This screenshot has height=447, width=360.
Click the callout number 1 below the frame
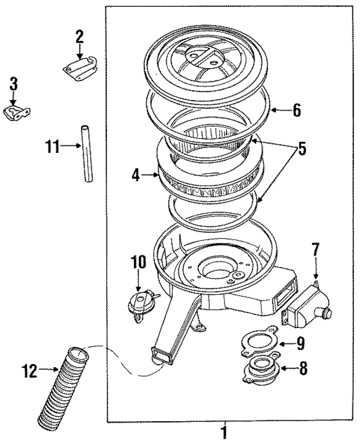pos(224,434)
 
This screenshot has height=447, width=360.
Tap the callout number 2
pos(79,38)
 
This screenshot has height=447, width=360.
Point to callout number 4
pos(136,175)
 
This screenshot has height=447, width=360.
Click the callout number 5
pos(302,150)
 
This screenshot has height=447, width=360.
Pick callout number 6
pos(296,110)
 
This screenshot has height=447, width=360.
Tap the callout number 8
pos(303,369)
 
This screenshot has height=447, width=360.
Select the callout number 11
pos(52,147)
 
